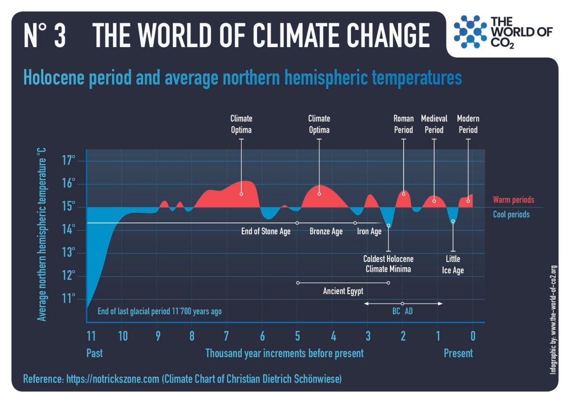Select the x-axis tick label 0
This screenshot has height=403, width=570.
[473, 336]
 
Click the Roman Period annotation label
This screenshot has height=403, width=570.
[404, 124]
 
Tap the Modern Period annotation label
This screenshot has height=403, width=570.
[468, 124]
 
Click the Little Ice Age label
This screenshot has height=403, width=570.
[453, 265]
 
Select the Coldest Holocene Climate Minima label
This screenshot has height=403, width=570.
[388, 264]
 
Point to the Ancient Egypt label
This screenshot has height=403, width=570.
[343, 291]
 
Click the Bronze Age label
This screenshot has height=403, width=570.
[326, 232]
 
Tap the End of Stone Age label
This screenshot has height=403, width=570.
[266, 232]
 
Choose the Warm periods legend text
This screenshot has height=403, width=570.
[513, 200]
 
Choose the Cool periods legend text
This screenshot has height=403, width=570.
[511, 215]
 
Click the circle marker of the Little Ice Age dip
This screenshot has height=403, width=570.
[453, 221]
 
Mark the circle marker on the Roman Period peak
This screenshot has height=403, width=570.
[404, 193]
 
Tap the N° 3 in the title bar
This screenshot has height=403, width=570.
[45, 35]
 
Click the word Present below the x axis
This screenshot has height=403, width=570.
[458, 353]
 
